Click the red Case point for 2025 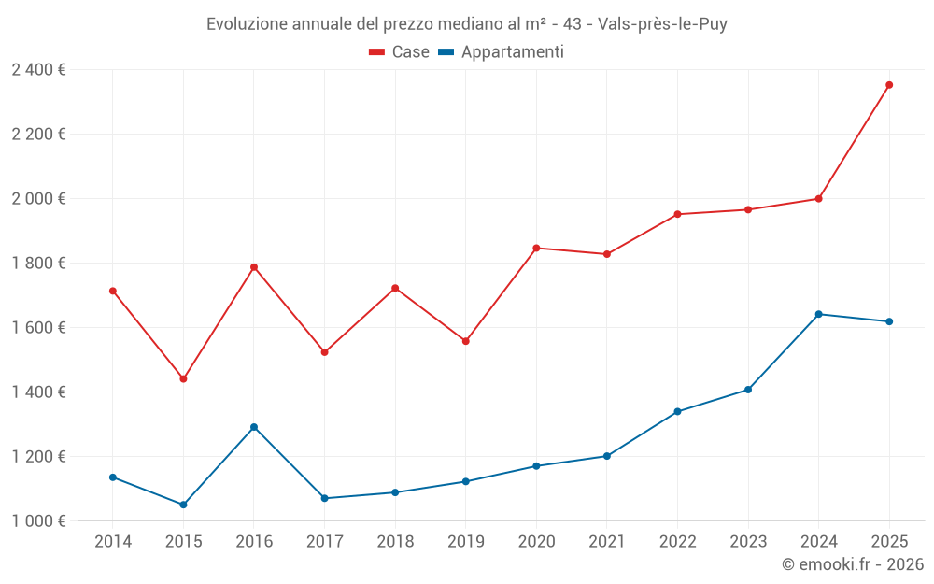click(x=889, y=85)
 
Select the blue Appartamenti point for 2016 click(x=254, y=427)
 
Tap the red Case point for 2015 click(x=183, y=379)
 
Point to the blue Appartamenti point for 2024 click(x=819, y=314)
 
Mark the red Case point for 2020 click(x=536, y=248)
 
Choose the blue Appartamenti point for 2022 click(x=677, y=411)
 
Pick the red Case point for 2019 click(x=466, y=341)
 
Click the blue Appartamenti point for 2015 click(x=183, y=505)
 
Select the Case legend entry click(x=400, y=52)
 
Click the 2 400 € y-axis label click(x=39, y=69)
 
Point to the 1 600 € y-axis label click(x=39, y=327)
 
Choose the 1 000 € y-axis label click(x=39, y=520)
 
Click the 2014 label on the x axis click(x=113, y=541)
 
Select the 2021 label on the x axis click(x=607, y=541)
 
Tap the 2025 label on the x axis click(x=889, y=541)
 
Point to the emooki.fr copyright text click(x=853, y=564)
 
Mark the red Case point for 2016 click(x=254, y=267)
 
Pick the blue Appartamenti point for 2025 click(x=889, y=321)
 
